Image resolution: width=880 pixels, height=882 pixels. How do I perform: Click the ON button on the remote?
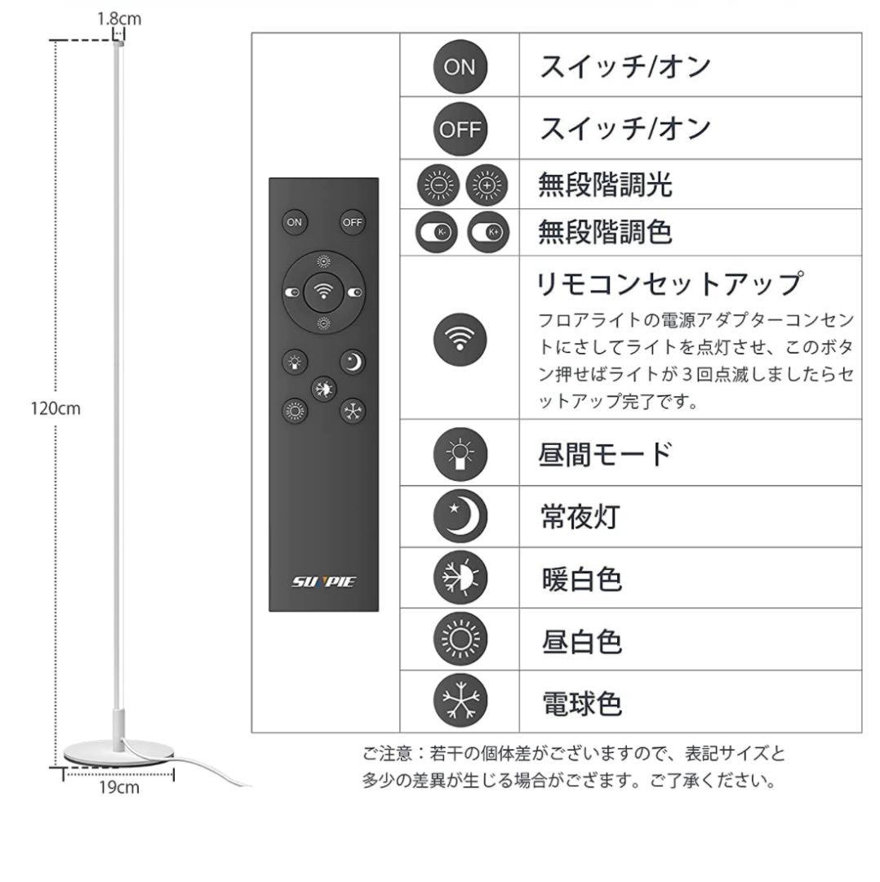coord(294,222)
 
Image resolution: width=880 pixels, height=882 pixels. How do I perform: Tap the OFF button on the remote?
coord(353,222)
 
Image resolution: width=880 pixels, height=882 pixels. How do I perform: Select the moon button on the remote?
coord(353,362)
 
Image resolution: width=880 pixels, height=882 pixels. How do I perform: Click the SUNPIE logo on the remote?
coord(323,581)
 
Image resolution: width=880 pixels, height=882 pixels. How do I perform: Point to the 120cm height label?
coord(56,408)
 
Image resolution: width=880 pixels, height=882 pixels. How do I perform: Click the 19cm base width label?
coord(118,787)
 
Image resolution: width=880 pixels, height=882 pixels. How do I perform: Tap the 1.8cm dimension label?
coord(119,19)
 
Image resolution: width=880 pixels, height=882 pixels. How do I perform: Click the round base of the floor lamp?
coord(118,753)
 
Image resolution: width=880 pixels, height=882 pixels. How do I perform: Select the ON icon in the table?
coord(460,67)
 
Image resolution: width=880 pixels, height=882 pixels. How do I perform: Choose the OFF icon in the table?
coord(460,129)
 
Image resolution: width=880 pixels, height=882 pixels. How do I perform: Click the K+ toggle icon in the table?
coord(488,232)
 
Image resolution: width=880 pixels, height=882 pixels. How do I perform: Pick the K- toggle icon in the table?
coord(437,232)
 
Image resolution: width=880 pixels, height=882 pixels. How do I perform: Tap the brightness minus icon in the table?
coord(438,185)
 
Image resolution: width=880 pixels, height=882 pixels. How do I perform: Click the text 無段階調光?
coord(605,185)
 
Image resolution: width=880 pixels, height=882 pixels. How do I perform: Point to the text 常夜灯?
coord(580,516)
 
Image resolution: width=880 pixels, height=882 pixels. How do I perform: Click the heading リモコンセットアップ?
coord(669,283)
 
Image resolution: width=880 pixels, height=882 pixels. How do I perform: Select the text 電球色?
coord(582,703)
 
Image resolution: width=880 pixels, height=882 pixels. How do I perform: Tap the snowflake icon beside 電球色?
coord(460,701)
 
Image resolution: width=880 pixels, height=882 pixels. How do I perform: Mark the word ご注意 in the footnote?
coord(388,753)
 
